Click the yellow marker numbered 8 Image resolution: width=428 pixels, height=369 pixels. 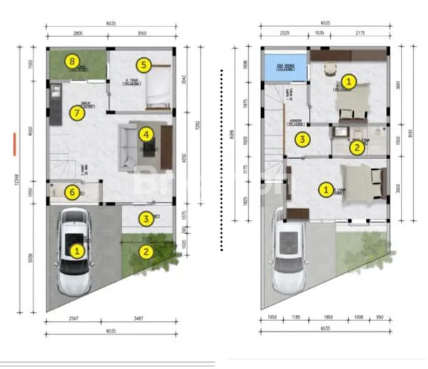71,61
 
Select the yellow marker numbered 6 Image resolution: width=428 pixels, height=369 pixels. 71,191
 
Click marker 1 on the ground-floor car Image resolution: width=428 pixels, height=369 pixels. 76,251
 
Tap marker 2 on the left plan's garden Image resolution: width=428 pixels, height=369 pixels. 145,251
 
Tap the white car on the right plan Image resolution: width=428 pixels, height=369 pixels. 290,257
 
